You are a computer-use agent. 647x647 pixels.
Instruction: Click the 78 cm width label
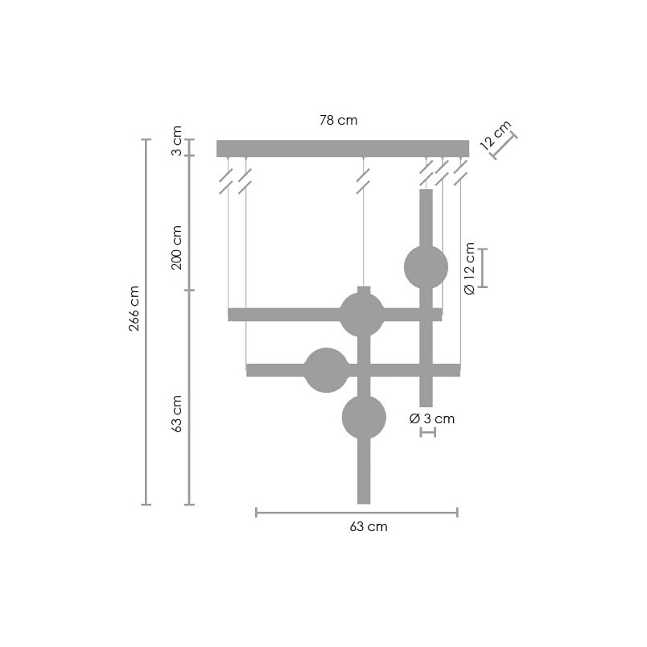coord(338,120)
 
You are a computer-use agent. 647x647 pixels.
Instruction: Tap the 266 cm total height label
coord(134,308)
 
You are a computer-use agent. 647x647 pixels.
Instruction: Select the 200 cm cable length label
coord(176,248)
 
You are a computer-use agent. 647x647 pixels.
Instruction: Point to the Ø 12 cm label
coord(470,269)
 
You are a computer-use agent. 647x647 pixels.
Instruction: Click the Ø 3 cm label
coord(432,418)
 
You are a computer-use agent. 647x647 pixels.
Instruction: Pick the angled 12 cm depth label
coord(495,134)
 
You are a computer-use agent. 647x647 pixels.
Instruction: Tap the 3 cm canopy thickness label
coord(176,140)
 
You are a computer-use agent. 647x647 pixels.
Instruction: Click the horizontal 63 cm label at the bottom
coord(369,527)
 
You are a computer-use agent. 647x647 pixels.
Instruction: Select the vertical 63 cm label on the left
coord(176,414)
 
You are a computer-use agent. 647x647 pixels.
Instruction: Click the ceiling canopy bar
coord(343,149)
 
